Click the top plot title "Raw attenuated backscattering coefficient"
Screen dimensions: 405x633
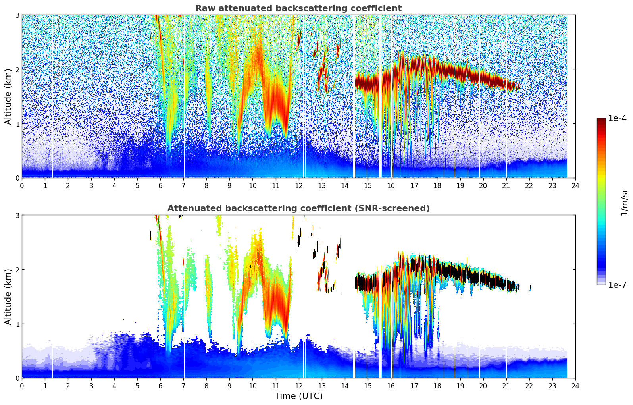[298, 8]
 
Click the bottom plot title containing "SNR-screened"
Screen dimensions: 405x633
[298, 208]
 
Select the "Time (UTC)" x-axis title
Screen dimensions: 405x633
[298, 396]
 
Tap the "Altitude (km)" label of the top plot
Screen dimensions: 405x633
[8, 96]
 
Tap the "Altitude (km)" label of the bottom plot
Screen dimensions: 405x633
[8, 297]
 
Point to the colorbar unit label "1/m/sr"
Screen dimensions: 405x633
[624, 202]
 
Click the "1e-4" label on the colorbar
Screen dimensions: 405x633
[617, 118]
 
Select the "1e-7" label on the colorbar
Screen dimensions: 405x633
[617, 285]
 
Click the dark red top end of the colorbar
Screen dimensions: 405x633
[601, 120]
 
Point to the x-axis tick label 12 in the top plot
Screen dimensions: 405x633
[298, 186]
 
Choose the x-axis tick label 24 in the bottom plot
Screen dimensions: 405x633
[575, 386]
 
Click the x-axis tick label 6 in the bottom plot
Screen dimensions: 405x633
[160, 386]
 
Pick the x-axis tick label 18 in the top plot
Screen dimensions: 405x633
[437, 186]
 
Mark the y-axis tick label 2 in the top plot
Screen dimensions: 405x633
[17, 69]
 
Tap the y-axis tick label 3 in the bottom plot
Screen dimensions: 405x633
[17, 215]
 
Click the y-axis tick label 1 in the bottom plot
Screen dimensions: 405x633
[17, 324]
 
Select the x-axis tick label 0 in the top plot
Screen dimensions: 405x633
[22, 186]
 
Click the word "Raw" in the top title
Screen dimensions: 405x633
[203, 8]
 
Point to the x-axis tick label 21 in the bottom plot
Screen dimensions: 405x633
[506, 386]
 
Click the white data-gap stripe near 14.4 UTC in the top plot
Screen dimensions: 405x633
[354, 119]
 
